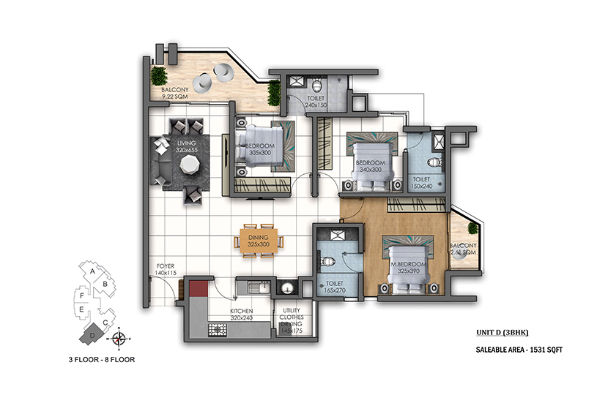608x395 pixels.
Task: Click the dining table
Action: pos(259,241)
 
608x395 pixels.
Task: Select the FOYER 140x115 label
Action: pos(166,269)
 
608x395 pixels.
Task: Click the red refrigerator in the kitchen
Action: pos(199,288)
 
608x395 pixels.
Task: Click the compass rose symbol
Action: pos(119,339)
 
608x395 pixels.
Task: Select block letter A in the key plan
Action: pos(92,271)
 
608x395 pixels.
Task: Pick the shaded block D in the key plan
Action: pos(92,334)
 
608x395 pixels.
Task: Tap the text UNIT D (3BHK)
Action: pos(502,333)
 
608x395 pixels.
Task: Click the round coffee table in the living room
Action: pos(190,164)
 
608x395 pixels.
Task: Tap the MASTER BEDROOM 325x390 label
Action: pos(408,268)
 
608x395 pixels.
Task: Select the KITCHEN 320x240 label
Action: pos(242,315)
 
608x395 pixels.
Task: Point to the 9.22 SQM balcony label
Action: pos(175,93)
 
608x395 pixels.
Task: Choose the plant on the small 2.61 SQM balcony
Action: pos(473,228)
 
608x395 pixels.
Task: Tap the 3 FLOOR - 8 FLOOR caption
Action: pos(102,360)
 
